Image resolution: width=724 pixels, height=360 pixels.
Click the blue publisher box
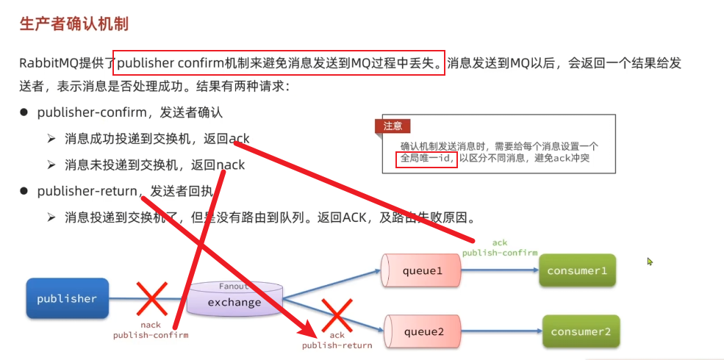(67, 298)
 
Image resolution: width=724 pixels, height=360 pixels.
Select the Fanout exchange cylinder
(234, 300)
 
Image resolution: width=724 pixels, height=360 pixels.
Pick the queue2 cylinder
(423, 331)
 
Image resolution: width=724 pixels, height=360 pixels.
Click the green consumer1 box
(576, 271)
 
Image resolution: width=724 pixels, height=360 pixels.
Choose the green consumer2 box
(581, 331)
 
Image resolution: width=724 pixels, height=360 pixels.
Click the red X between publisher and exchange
(151, 299)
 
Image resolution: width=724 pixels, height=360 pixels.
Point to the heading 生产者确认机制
(74, 24)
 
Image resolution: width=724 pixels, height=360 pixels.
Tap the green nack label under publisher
(150, 325)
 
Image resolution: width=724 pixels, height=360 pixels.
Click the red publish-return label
(337, 345)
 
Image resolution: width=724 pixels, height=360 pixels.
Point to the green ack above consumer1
(500, 242)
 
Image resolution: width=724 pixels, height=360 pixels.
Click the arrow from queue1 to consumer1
(500, 270)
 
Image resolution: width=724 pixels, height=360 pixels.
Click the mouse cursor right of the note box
(650, 261)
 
